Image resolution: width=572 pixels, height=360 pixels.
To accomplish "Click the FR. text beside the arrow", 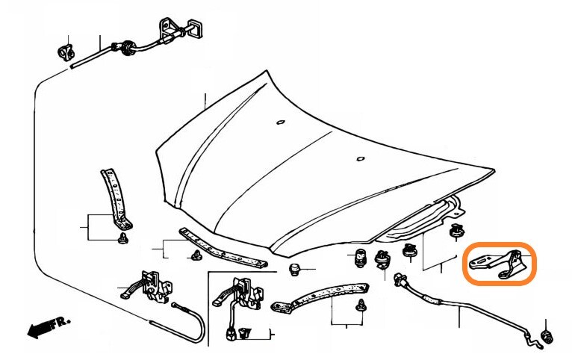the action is [x=60, y=323].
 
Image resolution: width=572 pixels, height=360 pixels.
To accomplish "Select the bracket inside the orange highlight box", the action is [x=498, y=264].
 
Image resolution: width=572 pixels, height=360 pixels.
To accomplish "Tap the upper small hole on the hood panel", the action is [x=281, y=122].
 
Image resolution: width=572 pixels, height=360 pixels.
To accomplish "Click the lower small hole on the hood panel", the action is [x=360, y=158].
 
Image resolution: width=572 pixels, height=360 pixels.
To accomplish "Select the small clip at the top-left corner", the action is [x=66, y=52].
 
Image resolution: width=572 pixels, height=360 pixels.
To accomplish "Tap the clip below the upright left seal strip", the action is [x=123, y=238].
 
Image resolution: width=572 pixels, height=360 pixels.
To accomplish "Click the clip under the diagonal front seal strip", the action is [x=197, y=255].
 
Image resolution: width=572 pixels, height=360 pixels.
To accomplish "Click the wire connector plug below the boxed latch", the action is [x=231, y=334].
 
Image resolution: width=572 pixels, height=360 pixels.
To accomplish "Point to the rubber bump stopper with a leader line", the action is [x=294, y=270].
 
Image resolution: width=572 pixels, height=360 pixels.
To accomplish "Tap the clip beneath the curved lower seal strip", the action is [x=361, y=305].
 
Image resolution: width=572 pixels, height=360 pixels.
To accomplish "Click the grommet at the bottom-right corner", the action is [x=547, y=337].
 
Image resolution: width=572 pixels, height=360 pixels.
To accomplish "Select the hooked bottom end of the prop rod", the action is [x=535, y=344].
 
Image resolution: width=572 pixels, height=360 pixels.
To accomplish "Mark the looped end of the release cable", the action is [x=193, y=325].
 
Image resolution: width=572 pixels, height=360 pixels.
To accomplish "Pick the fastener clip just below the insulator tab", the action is [x=456, y=232].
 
